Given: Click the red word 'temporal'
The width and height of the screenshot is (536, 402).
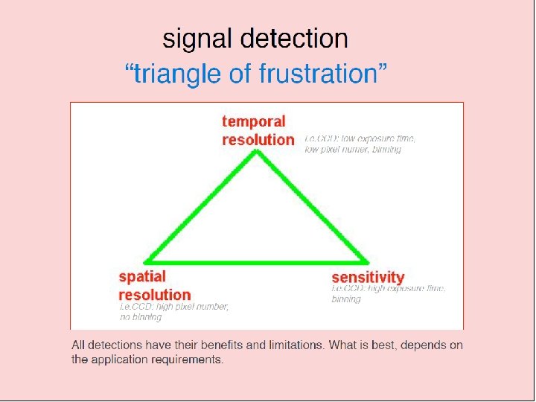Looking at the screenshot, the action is click(x=254, y=121).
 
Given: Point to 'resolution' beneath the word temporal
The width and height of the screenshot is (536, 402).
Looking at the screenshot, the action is click(x=258, y=139).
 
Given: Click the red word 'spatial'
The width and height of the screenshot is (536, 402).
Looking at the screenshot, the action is click(x=142, y=277).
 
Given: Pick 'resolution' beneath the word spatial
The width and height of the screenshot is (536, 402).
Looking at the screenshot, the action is click(x=155, y=294).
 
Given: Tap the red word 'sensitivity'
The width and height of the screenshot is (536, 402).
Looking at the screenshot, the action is click(x=368, y=278).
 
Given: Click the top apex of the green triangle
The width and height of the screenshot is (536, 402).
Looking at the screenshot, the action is click(x=257, y=152).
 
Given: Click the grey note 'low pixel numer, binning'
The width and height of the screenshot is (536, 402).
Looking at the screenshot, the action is click(x=353, y=150).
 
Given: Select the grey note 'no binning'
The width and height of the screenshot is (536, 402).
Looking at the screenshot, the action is click(x=141, y=317).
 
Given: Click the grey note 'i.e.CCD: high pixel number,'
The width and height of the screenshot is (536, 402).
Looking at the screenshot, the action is click(x=174, y=306).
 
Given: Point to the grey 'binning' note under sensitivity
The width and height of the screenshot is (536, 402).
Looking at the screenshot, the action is click(x=346, y=299).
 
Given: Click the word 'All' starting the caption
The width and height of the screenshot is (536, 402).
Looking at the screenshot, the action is click(x=78, y=345).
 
